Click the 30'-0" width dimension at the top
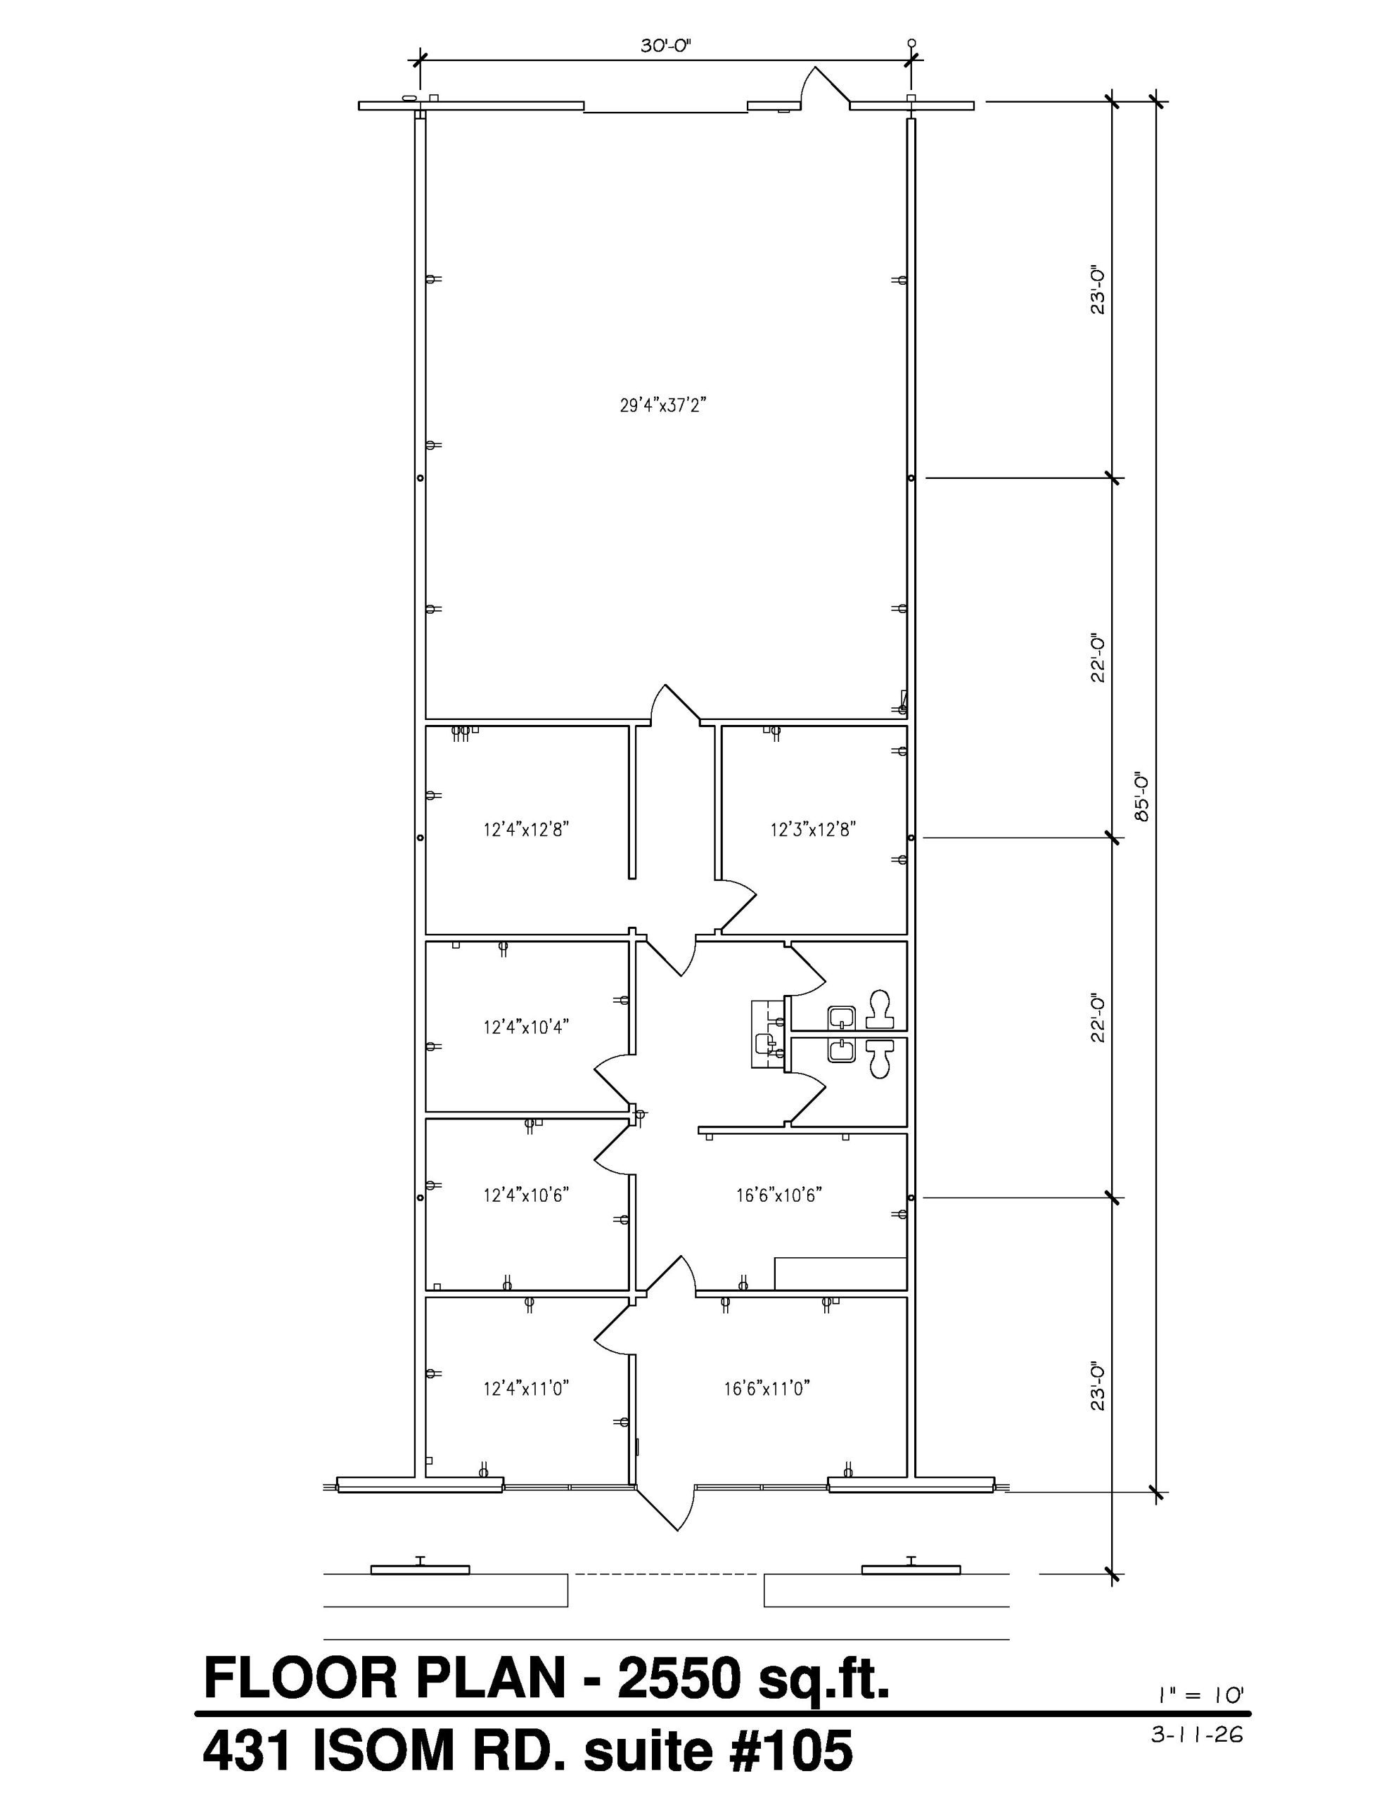665,46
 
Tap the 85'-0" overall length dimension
1141,796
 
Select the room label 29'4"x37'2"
665,406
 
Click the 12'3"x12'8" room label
814,829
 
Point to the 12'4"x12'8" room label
527,829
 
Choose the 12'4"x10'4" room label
527,1027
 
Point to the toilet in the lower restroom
880,1058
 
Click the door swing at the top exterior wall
822,86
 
